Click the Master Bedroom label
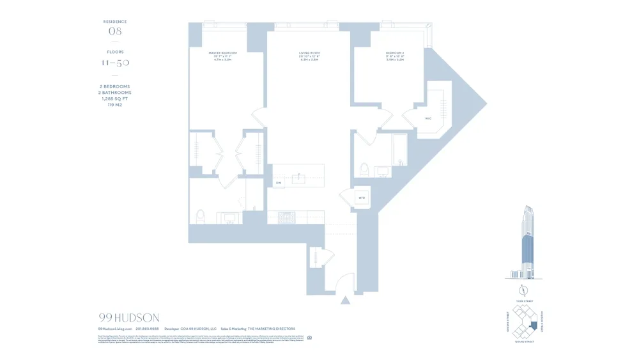point(222,52)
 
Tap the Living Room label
point(309,52)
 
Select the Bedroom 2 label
point(395,52)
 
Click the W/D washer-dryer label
point(362,198)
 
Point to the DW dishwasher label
point(279,184)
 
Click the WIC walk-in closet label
point(428,118)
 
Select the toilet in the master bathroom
point(200,216)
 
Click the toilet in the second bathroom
point(364,170)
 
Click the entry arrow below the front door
point(345,300)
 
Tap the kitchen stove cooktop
point(287,218)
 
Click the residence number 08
point(115,31)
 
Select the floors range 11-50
point(115,63)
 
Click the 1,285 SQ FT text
point(115,98)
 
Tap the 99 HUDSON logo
point(129,318)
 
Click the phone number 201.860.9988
point(147,329)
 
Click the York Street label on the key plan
point(524,301)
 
